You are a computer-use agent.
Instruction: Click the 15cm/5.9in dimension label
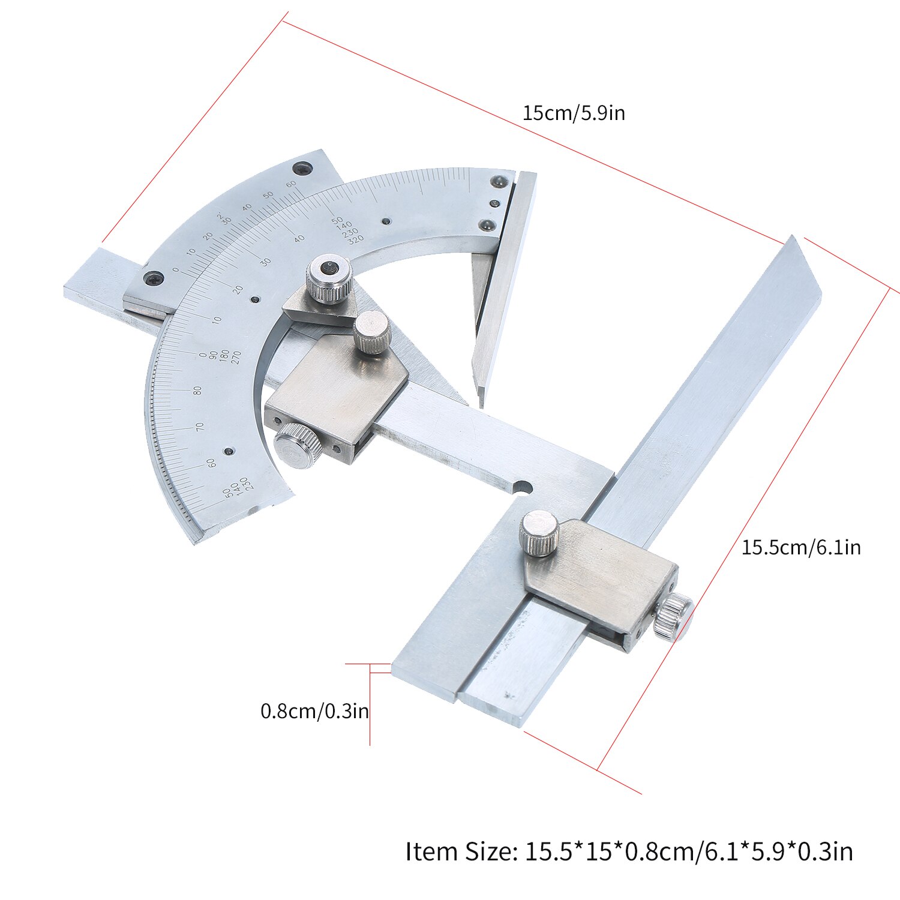click(573, 113)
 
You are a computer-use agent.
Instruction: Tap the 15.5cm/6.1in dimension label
click(800, 547)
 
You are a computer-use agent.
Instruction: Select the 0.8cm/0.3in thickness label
click(314, 711)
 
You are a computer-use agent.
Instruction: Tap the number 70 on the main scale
click(200, 426)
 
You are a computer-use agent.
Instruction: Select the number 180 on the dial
click(224, 356)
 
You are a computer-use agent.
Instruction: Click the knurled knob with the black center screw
click(328, 278)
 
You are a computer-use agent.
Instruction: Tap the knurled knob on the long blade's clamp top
click(540, 533)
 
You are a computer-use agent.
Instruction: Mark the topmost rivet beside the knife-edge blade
click(497, 181)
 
